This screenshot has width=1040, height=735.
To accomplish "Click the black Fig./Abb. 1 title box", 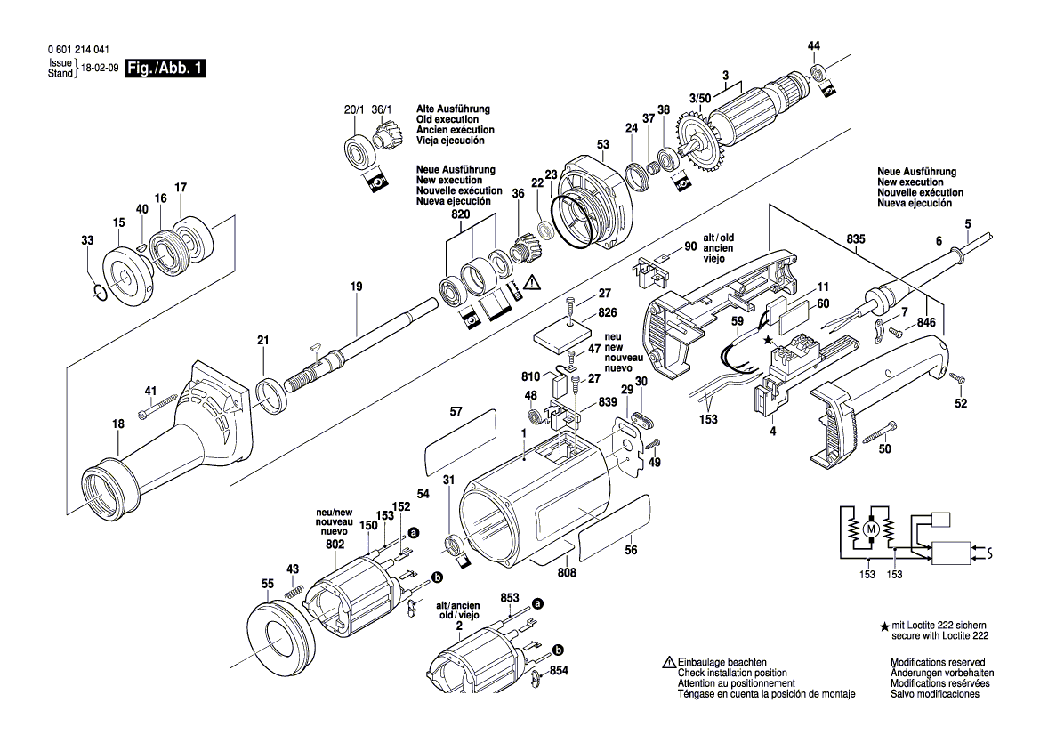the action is point(165,69).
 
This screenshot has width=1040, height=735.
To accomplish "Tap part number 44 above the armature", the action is point(814,45).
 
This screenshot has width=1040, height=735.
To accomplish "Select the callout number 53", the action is point(603,145).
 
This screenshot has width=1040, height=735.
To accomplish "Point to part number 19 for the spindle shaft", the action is point(356,287).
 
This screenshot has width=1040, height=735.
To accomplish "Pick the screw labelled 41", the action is point(157,407).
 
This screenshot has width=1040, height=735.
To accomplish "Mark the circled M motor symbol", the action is point(871,529).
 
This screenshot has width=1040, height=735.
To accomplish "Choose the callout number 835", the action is point(856,238).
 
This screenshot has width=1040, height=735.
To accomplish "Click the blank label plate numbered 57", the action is point(460,441).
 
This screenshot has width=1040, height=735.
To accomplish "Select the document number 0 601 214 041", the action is point(79,50).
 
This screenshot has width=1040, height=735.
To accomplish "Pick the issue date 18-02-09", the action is point(100,68).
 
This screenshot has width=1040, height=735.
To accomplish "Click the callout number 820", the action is point(460,214).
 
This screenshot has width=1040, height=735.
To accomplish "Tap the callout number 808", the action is point(567,572).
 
